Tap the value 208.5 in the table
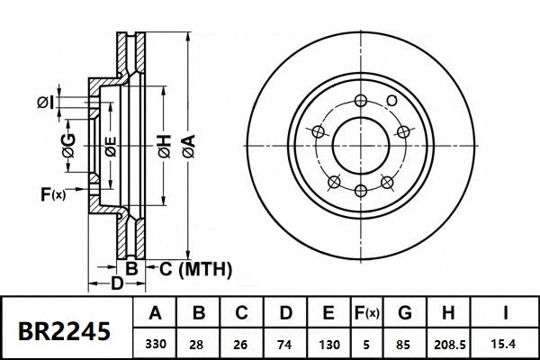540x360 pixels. click(448, 344)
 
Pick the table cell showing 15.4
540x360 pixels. click(505, 344)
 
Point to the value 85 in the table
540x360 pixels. click(403, 344)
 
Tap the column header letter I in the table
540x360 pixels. click(505, 314)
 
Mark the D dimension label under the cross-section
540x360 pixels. click(116, 286)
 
